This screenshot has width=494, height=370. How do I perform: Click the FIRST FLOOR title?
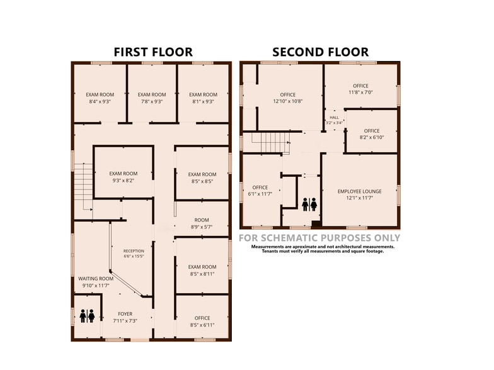153,52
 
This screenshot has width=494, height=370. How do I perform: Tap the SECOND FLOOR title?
320,52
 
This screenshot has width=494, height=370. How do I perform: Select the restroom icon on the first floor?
87,316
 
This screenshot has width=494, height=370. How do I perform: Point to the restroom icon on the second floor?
309,205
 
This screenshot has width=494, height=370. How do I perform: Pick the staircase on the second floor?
270,142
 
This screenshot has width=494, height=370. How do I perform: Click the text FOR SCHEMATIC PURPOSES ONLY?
319,238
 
